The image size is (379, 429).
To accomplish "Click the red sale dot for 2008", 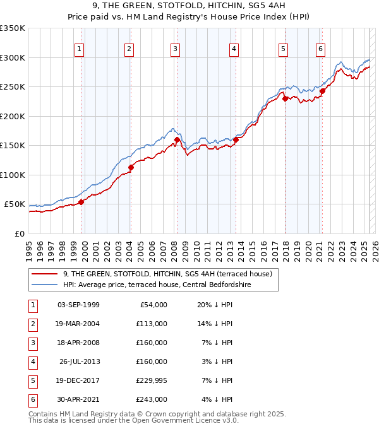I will click(x=177, y=139).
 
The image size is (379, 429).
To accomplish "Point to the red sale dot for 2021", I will click(x=322, y=90).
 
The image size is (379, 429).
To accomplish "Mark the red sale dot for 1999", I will click(x=81, y=202).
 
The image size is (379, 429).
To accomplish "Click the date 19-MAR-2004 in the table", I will click(x=78, y=323).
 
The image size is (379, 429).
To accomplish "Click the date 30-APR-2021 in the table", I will click(x=78, y=399).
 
